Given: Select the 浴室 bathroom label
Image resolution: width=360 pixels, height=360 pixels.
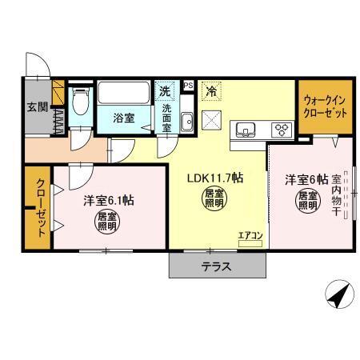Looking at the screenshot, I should click(x=123, y=117).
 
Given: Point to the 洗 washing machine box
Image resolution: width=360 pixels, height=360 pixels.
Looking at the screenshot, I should click(x=164, y=90).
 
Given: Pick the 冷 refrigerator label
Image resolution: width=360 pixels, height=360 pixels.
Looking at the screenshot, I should click(x=210, y=92).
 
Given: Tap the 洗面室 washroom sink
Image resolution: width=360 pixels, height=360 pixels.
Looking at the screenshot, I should click(x=187, y=122).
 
